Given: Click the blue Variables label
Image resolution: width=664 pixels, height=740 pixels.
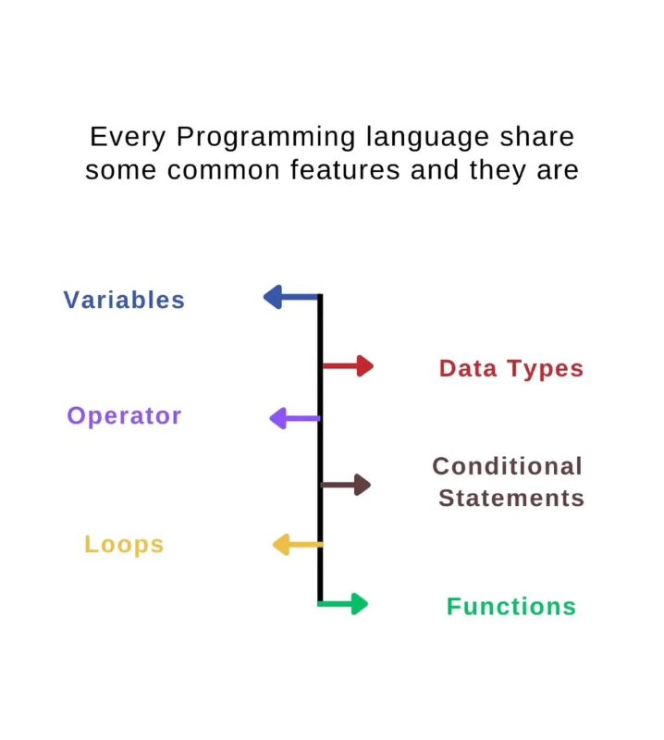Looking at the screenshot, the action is pos(124,300).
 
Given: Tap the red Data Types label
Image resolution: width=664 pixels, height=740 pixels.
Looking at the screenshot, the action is pos(511,368).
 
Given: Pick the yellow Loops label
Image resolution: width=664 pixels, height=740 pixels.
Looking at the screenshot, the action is pos(124,545).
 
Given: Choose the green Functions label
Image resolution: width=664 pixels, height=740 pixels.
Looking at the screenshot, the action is pos(511,607).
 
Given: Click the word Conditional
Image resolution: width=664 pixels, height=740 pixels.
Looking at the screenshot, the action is pos(508,466).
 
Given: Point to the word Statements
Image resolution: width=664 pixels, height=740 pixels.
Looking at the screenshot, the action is pos(511,498).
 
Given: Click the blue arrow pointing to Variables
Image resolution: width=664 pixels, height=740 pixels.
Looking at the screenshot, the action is pos(292,297).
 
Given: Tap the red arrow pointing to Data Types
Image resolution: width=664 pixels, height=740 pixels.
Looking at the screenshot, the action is pos(348,365).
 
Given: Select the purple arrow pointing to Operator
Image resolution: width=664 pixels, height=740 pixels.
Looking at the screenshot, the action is pos(295,418).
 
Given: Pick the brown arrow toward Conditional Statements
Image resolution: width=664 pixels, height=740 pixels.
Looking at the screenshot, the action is pos(346,485).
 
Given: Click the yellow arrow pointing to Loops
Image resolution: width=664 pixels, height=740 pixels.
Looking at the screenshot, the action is pos(298,545).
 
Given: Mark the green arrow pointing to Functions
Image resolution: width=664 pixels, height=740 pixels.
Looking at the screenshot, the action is pos(342,604).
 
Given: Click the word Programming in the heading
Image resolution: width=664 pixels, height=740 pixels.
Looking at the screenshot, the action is pos(265,138).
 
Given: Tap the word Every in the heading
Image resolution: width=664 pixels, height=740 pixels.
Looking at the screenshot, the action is pos(128,138).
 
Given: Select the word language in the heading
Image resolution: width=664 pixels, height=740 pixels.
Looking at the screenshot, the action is pos(427,138).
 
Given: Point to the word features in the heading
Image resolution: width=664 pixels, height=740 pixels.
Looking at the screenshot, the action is pos(345,169).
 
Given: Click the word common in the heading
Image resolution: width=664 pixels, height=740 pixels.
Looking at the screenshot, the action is pos(223,171).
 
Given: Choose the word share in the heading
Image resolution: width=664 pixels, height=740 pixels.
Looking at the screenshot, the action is pos(537,136).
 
